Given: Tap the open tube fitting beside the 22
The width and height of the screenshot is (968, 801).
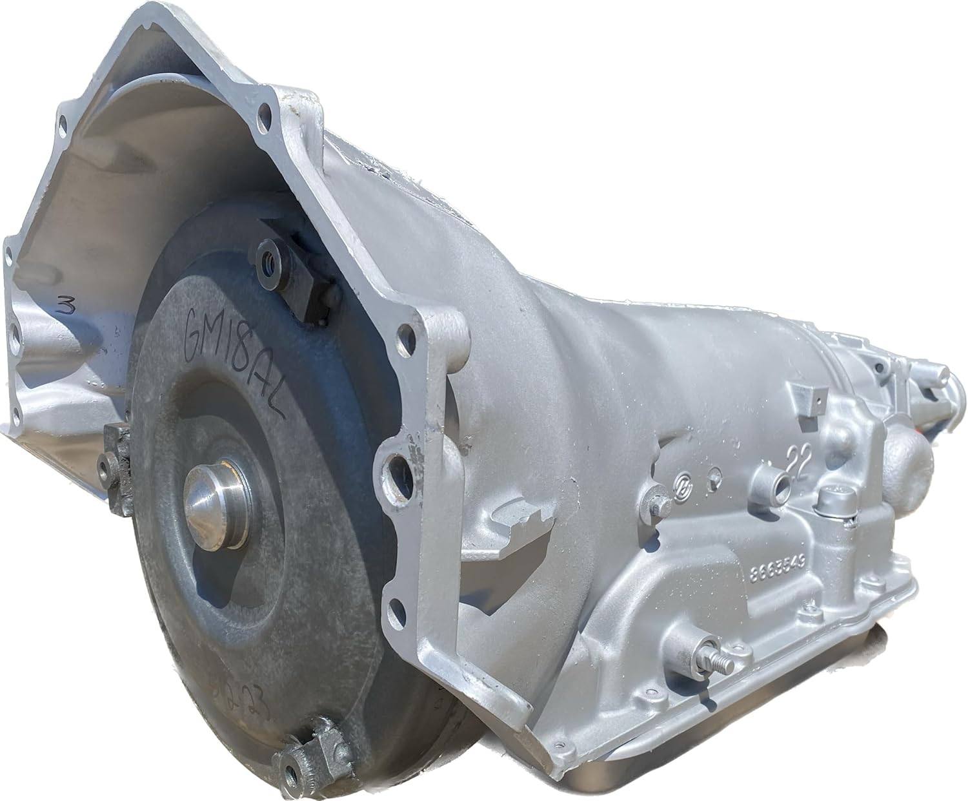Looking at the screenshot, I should coord(774,482).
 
